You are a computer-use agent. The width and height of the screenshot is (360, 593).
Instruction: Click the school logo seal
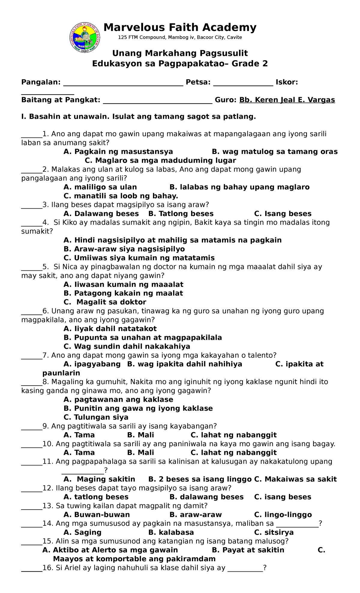(x=85, y=38)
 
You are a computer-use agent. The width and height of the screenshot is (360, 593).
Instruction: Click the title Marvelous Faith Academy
(x=180, y=28)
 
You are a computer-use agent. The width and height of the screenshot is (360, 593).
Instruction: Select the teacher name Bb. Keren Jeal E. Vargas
(x=287, y=100)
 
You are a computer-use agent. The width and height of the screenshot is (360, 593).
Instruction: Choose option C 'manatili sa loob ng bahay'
(x=121, y=196)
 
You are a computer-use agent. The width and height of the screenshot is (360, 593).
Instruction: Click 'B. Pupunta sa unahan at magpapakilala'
(x=143, y=338)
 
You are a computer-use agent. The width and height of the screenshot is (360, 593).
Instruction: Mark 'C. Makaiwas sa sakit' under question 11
(x=295, y=479)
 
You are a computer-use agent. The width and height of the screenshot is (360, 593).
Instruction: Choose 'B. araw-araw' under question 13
(x=195, y=515)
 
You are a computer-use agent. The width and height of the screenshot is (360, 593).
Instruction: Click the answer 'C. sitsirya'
(x=274, y=532)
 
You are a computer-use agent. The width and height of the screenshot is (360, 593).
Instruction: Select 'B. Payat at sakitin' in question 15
(x=248, y=550)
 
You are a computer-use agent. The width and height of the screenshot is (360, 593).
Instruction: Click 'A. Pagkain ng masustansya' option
(x=118, y=152)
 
